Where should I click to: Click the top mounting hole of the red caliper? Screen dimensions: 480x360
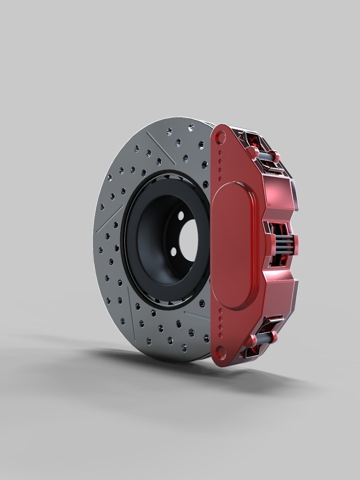(x=221, y=136)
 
